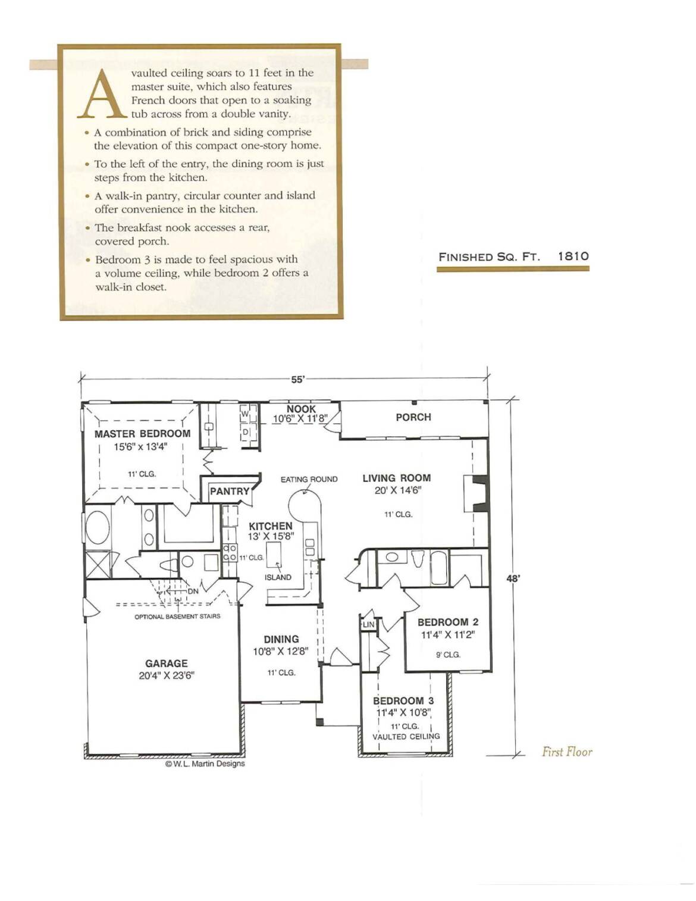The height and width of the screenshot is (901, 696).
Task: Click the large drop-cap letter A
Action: [102, 93]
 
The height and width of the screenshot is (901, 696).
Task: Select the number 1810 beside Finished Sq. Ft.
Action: [573, 256]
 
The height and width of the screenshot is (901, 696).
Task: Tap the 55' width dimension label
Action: [298, 380]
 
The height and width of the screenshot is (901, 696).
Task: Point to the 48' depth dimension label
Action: [513, 578]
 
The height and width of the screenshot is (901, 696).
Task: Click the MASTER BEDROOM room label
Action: [143, 434]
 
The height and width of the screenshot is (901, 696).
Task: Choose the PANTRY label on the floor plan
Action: [230, 492]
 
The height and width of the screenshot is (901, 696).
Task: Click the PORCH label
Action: [413, 417]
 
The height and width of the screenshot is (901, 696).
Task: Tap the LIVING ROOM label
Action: [397, 478]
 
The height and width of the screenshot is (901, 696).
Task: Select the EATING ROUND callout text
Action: [309, 479]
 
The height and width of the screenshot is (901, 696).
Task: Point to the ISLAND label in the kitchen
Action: [278, 577]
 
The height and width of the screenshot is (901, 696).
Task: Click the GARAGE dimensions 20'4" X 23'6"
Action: [167, 675]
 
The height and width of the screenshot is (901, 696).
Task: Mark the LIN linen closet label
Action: [368, 624]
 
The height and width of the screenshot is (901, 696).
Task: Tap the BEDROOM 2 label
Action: [448, 622]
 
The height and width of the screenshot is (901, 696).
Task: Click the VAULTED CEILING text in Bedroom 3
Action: [406, 736]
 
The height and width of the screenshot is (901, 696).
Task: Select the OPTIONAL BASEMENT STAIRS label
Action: [177, 617]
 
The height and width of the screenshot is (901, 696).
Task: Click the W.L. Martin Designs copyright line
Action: [205, 764]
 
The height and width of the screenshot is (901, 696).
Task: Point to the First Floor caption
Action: [567, 752]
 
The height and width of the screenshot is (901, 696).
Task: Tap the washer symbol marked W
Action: [245, 414]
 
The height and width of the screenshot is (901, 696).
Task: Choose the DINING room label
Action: [281, 639]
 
